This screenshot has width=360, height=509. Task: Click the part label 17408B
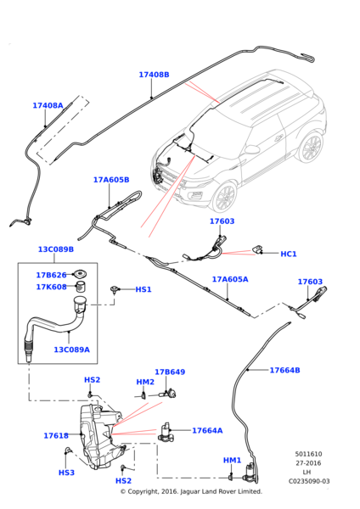pyautogui.click(x=154, y=75)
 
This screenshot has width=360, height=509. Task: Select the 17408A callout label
pyautogui.click(x=48, y=106)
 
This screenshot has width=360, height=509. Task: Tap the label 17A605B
pyautogui.click(x=111, y=180)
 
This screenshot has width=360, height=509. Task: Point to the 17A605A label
pyautogui.click(x=230, y=279)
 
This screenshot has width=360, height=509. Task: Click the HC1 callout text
pyautogui.click(x=288, y=254)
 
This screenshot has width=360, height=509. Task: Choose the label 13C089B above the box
pyautogui.click(x=56, y=249)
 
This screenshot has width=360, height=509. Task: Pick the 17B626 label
pyautogui.click(x=51, y=275)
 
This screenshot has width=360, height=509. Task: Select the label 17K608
pyautogui.click(x=51, y=287)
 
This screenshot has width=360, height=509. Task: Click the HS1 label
pyautogui.click(x=143, y=289)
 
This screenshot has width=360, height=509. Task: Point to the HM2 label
pyautogui.click(x=145, y=382)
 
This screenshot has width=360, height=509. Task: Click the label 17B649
pyautogui.click(x=170, y=372)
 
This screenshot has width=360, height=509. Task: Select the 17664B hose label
pyautogui.click(x=284, y=370)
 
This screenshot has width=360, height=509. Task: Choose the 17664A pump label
pyautogui.click(x=207, y=430)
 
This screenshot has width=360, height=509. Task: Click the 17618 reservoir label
pyautogui.click(x=56, y=435)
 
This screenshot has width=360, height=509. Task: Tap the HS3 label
pyautogui.click(x=66, y=473)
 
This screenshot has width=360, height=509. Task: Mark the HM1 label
pyautogui.click(x=232, y=460)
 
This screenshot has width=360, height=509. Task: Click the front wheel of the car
pyautogui.click(x=225, y=197)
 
